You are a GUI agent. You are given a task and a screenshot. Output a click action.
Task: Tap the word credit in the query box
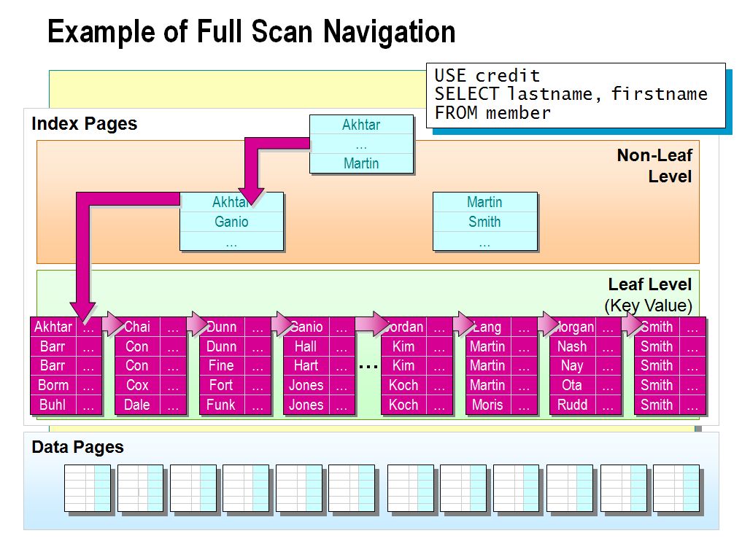tap(508, 75)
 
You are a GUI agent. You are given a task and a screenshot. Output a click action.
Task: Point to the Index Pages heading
tap(84, 123)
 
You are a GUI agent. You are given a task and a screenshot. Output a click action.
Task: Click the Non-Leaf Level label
tap(654, 166)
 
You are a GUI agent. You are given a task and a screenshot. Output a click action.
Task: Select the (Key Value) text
tap(648, 306)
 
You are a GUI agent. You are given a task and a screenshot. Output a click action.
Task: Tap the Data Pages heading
tap(77, 447)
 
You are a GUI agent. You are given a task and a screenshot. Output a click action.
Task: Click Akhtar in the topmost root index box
tap(361, 125)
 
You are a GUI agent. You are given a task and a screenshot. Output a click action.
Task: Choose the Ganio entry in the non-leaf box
tap(231, 222)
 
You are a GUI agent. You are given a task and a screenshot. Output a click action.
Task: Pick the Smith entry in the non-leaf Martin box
tap(484, 222)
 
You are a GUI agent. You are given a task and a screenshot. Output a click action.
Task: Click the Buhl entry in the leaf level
tap(53, 405)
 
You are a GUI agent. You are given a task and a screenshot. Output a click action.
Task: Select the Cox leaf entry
tap(136, 385)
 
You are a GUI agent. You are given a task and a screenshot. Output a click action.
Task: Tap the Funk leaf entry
tap(221, 405)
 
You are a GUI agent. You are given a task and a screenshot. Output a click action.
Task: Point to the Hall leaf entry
tap(306, 346)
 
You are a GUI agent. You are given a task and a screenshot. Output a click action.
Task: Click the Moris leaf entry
tap(487, 405)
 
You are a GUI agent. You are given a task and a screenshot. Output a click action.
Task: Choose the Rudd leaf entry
tap(572, 405)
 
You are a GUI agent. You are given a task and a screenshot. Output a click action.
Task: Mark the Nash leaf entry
tap(572, 346)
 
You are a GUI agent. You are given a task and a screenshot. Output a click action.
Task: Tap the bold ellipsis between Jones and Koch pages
tap(368, 366)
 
